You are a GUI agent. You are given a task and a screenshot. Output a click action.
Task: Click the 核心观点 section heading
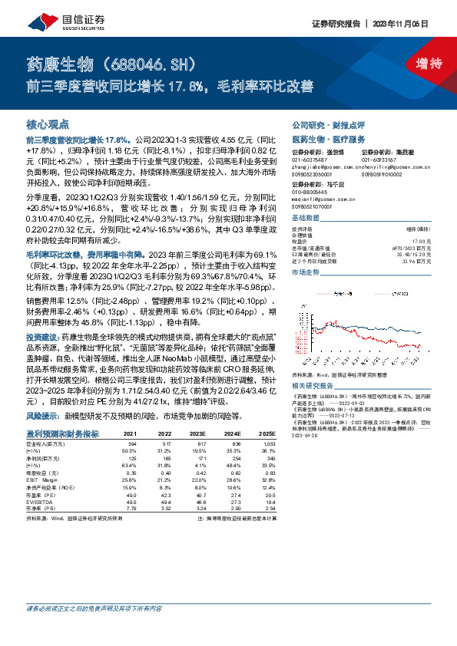[x=48, y=124]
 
